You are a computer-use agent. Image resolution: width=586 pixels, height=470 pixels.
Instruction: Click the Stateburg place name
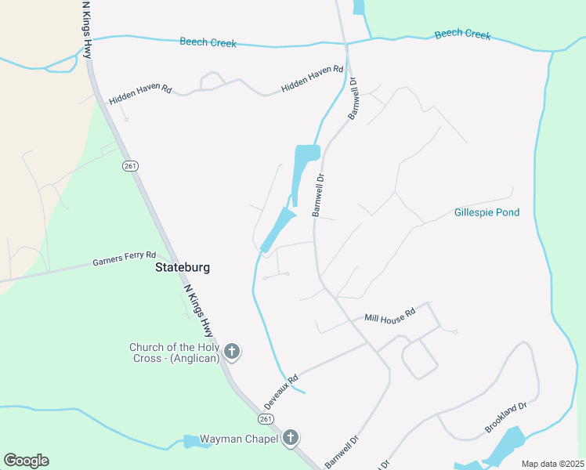click(183, 267)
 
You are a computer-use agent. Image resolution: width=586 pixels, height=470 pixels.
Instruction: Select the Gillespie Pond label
click(487, 212)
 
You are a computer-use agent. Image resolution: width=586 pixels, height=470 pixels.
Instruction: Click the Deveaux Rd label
click(281, 392)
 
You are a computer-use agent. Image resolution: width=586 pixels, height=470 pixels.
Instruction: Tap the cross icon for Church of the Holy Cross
click(231, 352)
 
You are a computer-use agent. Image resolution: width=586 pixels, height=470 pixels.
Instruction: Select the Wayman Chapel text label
click(239, 439)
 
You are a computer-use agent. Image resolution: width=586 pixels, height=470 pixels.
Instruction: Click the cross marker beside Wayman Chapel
click(291, 438)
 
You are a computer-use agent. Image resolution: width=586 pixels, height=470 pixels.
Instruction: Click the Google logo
click(26, 461)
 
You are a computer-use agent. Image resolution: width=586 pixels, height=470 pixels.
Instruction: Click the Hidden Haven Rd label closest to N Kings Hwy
click(140, 95)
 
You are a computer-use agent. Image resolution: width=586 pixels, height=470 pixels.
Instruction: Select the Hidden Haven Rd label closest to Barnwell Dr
click(312, 79)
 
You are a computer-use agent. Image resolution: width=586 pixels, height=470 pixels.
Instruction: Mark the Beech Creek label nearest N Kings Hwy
click(208, 42)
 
